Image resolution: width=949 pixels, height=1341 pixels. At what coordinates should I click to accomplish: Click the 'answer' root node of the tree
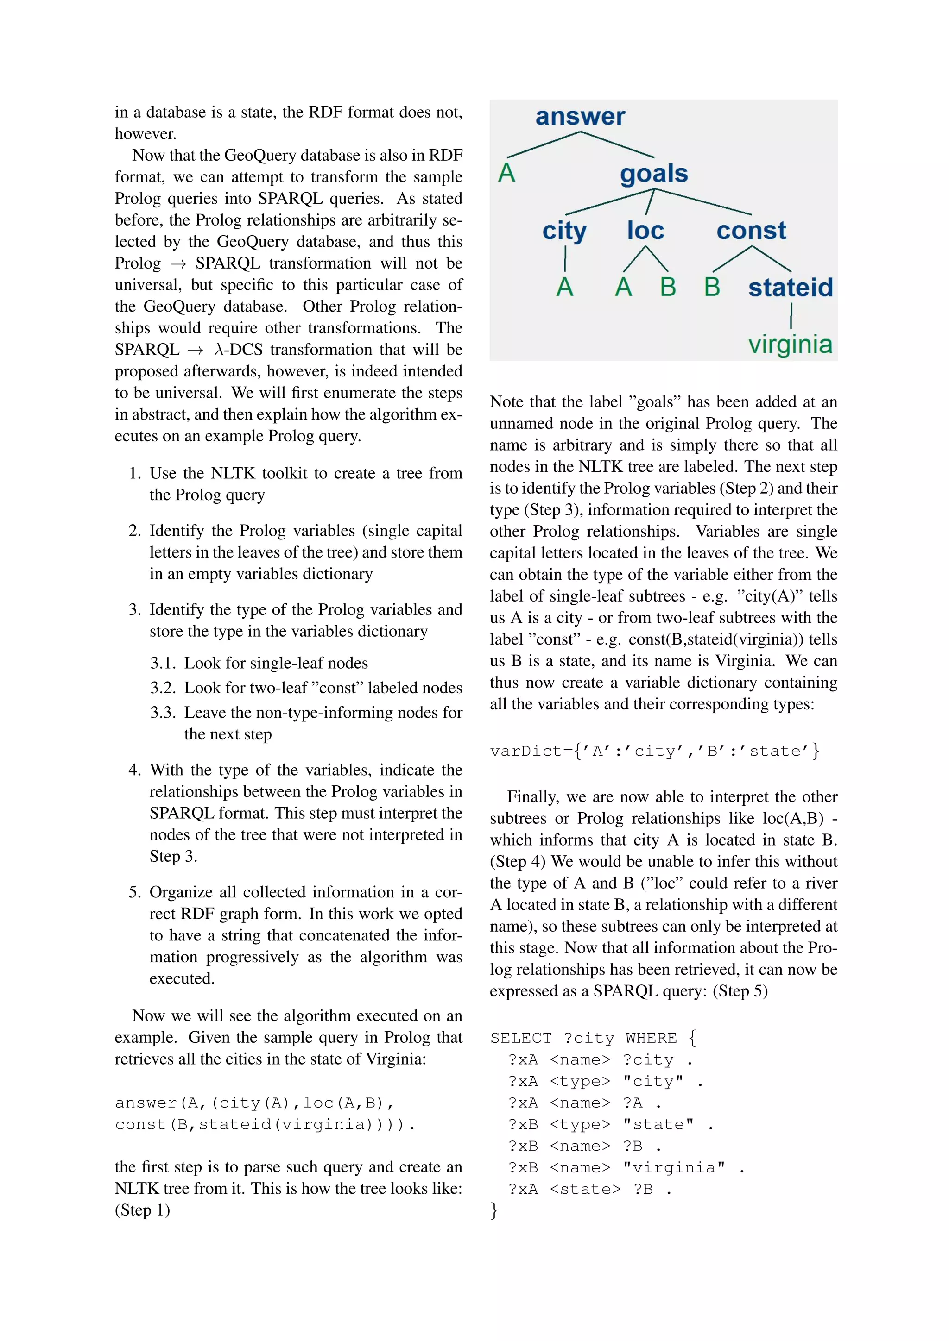coord(580,116)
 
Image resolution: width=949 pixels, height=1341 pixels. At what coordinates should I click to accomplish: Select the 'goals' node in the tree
coord(654,174)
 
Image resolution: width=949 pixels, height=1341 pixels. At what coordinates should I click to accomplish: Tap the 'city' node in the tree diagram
coord(564,231)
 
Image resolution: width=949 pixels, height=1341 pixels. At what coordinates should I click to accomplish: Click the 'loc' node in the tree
coord(645,231)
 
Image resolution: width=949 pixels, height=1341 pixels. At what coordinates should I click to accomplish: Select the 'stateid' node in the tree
coord(790,288)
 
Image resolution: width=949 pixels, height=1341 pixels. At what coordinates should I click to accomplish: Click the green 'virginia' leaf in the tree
coord(790,345)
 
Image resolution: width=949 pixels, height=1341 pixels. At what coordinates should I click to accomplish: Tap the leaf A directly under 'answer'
coord(506,173)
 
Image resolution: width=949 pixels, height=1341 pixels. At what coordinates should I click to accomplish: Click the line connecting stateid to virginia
coord(791,317)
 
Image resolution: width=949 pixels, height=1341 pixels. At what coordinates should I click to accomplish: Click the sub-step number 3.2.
coord(163,688)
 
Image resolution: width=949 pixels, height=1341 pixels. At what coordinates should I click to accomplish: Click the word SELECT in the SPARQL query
coord(521,1038)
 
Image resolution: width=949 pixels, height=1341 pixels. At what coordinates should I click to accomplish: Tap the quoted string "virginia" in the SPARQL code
coord(674,1167)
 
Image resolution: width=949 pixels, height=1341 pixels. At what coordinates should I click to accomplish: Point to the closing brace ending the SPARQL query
coord(494,1209)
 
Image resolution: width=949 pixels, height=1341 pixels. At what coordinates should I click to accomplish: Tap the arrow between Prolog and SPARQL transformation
coord(178,264)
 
